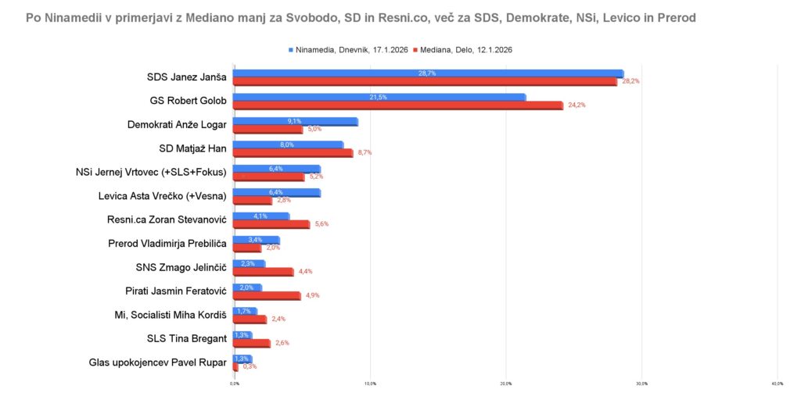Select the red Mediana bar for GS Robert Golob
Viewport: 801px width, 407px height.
398,105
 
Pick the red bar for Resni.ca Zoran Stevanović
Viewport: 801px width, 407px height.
271,224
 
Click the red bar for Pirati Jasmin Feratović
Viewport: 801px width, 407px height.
267,295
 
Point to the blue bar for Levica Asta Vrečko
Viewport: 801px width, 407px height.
277,192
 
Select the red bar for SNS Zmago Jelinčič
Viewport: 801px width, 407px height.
264,272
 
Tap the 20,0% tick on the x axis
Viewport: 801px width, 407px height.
505,384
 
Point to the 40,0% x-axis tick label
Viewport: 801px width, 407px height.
777,384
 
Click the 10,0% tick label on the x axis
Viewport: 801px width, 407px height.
370,384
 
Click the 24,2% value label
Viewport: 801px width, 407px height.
576,105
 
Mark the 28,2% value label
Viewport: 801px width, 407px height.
630,81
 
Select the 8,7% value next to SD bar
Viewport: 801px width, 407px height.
365,153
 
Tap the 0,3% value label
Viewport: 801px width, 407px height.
250,366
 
